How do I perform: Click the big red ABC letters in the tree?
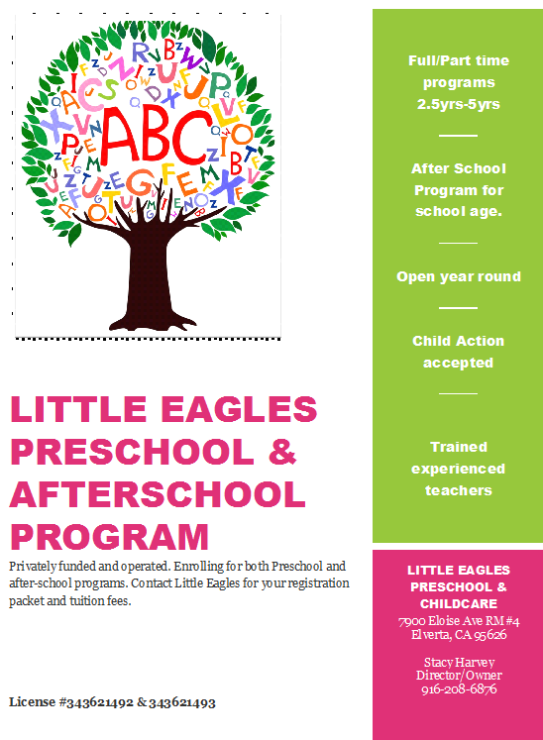150,135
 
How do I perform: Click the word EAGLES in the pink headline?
234,409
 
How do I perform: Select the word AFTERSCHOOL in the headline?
158,493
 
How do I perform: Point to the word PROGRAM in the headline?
109,536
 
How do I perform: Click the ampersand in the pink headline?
283,452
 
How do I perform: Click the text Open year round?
458,276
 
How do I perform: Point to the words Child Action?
458,341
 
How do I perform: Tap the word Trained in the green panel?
458,447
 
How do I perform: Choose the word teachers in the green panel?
458,490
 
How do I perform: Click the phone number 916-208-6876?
458,689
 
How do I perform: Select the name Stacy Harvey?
458,662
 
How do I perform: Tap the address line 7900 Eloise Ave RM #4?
458,621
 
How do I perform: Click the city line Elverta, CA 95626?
458,634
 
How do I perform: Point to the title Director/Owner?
458,676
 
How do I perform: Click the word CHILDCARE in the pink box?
458,603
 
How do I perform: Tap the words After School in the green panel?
458,168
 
